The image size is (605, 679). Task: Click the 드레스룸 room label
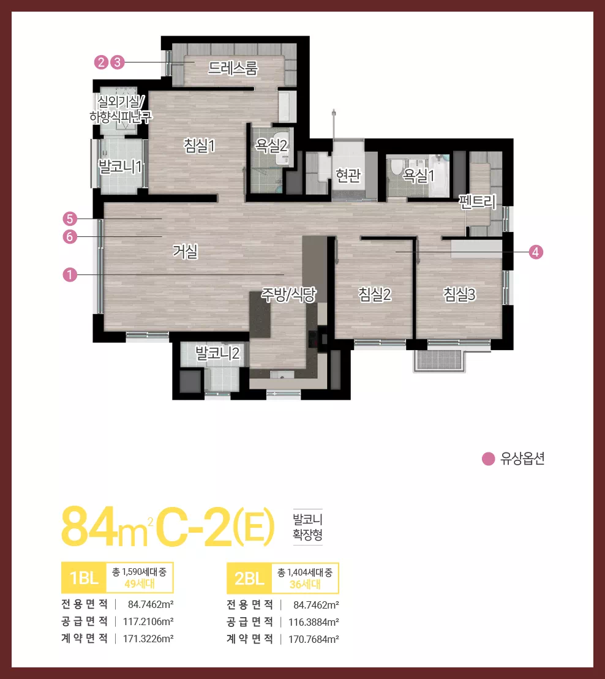tap(233, 68)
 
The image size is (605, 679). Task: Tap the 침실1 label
tap(200, 146)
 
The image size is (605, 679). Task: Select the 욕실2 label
tap(272, 146)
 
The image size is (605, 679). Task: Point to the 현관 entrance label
tap(348, 175)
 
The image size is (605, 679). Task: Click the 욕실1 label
tap(418, 175)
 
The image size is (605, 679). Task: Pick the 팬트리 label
tap(478, 201)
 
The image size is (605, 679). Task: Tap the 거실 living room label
tap(186, 251)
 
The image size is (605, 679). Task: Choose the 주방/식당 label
tap(288, 295)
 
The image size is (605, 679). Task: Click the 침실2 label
tap(375, 294)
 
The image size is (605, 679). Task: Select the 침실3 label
tap(459, 294)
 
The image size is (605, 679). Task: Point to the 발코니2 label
tap(218, 353)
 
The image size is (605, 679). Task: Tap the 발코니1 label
tap(121, 167)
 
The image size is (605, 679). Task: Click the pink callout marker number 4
tap(536, 252)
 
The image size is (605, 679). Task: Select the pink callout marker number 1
tap(70, 274)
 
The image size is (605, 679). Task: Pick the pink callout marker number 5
tap(70, 219)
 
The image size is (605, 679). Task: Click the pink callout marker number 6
tap(70, 237)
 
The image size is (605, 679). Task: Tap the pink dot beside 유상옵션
tap(489, 459)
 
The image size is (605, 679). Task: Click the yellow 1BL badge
tap(84, 577)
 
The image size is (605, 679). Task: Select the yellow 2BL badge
tap(249, 578)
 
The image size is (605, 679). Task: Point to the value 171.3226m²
tap(148, 639)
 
